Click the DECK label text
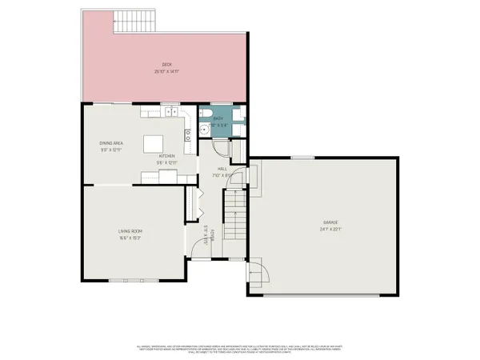[x=166, y=65]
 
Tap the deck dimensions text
[x=166, y=71]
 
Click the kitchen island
[x=154, y=144]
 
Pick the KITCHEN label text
[x=166, y=155]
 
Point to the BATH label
[x=217, y=119]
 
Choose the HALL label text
[x=222, y=169]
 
